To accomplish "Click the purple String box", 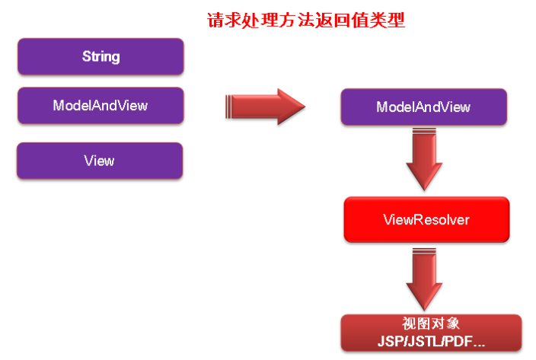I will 100,57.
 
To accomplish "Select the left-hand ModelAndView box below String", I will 100,106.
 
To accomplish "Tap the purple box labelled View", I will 100,161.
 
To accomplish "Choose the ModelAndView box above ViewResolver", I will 423,107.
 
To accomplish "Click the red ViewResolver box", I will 426,220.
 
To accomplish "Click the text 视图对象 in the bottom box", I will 431,323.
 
